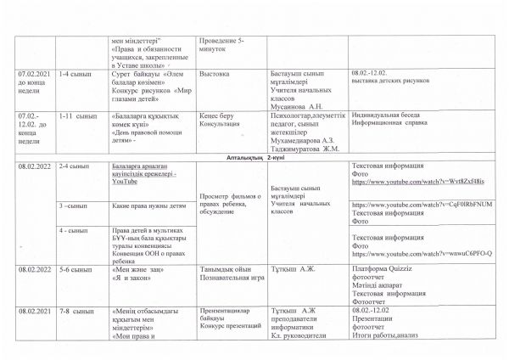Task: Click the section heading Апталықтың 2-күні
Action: click(x=254, y=159)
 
